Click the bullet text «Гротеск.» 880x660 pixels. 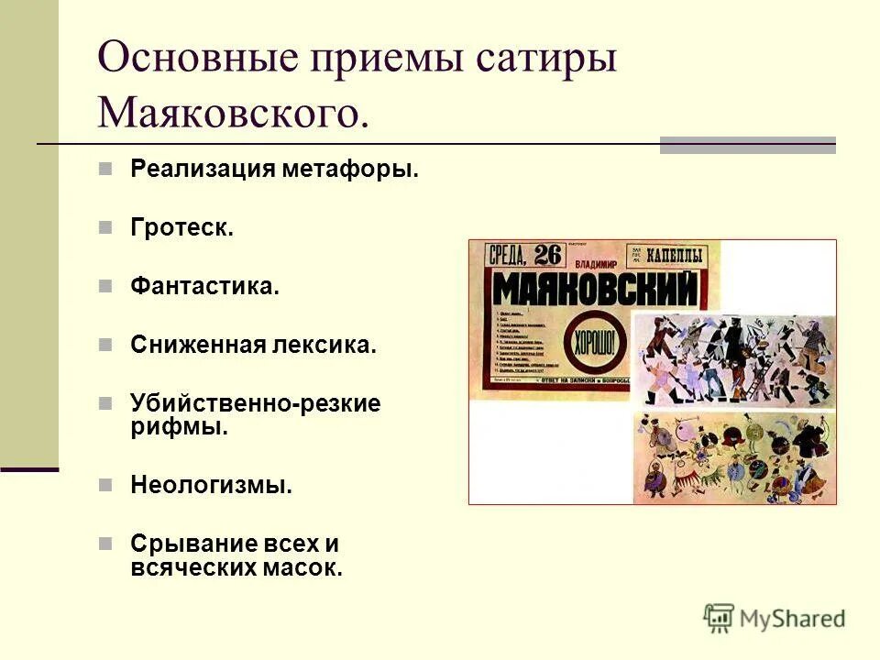coord(181,228)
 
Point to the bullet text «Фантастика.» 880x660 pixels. coord(203,287)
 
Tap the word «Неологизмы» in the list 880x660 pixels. coord(211,485)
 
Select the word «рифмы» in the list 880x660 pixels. coord(179,426)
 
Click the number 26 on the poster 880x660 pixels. coord(547,255)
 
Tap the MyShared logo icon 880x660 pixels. coord(719,619)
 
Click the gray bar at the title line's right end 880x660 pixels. coord(747,145)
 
